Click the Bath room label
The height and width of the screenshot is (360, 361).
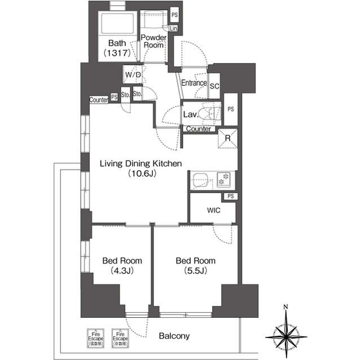(117, 43)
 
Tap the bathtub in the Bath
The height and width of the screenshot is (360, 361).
(116, 23)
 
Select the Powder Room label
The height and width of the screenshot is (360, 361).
(153, 41)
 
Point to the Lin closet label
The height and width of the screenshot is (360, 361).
(174, 28)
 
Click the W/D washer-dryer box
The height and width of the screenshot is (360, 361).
(133, 74)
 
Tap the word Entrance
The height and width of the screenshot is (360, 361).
(193, 83)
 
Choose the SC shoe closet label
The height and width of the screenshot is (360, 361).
(214, 86)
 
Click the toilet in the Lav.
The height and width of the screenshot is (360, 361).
(209, 113)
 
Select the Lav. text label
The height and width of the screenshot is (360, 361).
(190, 114)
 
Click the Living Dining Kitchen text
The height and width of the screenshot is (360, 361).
(140, 164)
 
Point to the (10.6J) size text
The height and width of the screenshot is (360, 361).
(140, 174)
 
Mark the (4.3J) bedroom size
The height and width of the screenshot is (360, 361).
(122, 270)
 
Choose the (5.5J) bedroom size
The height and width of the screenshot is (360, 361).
(195, 270)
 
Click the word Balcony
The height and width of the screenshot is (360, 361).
(174, 336)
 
